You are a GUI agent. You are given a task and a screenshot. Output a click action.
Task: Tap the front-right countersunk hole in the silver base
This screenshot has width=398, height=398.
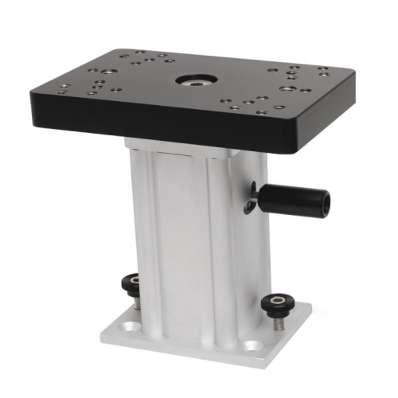pyautogui.click(x=253, y=345)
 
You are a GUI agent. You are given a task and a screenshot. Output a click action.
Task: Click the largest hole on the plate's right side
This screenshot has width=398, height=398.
pyautogui.click(x=286, y=89)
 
